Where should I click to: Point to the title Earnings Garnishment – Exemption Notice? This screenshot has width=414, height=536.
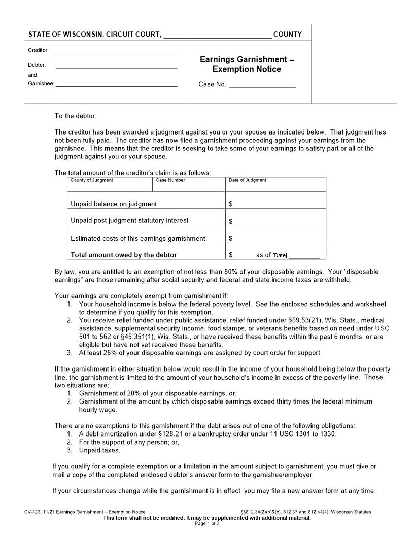coord(247,64)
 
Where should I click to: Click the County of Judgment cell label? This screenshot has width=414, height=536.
coord(92,180)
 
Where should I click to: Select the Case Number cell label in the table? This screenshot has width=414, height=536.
coord(170,180)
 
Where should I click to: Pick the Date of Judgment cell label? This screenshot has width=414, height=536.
coord(248,180)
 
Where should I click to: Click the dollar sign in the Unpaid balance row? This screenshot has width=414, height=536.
coord(231,204)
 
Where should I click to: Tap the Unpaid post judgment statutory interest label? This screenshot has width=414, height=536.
coord(129,221)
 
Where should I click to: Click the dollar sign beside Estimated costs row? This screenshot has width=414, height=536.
coord(231,238)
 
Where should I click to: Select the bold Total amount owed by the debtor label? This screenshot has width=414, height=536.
coord(124,255)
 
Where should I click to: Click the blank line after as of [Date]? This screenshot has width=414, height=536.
coord(304,256)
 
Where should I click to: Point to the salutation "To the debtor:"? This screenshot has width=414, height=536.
coord(76,116)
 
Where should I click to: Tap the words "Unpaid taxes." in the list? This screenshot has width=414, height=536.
coord(99,450)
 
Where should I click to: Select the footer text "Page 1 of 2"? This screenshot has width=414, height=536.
coord(207,523)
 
